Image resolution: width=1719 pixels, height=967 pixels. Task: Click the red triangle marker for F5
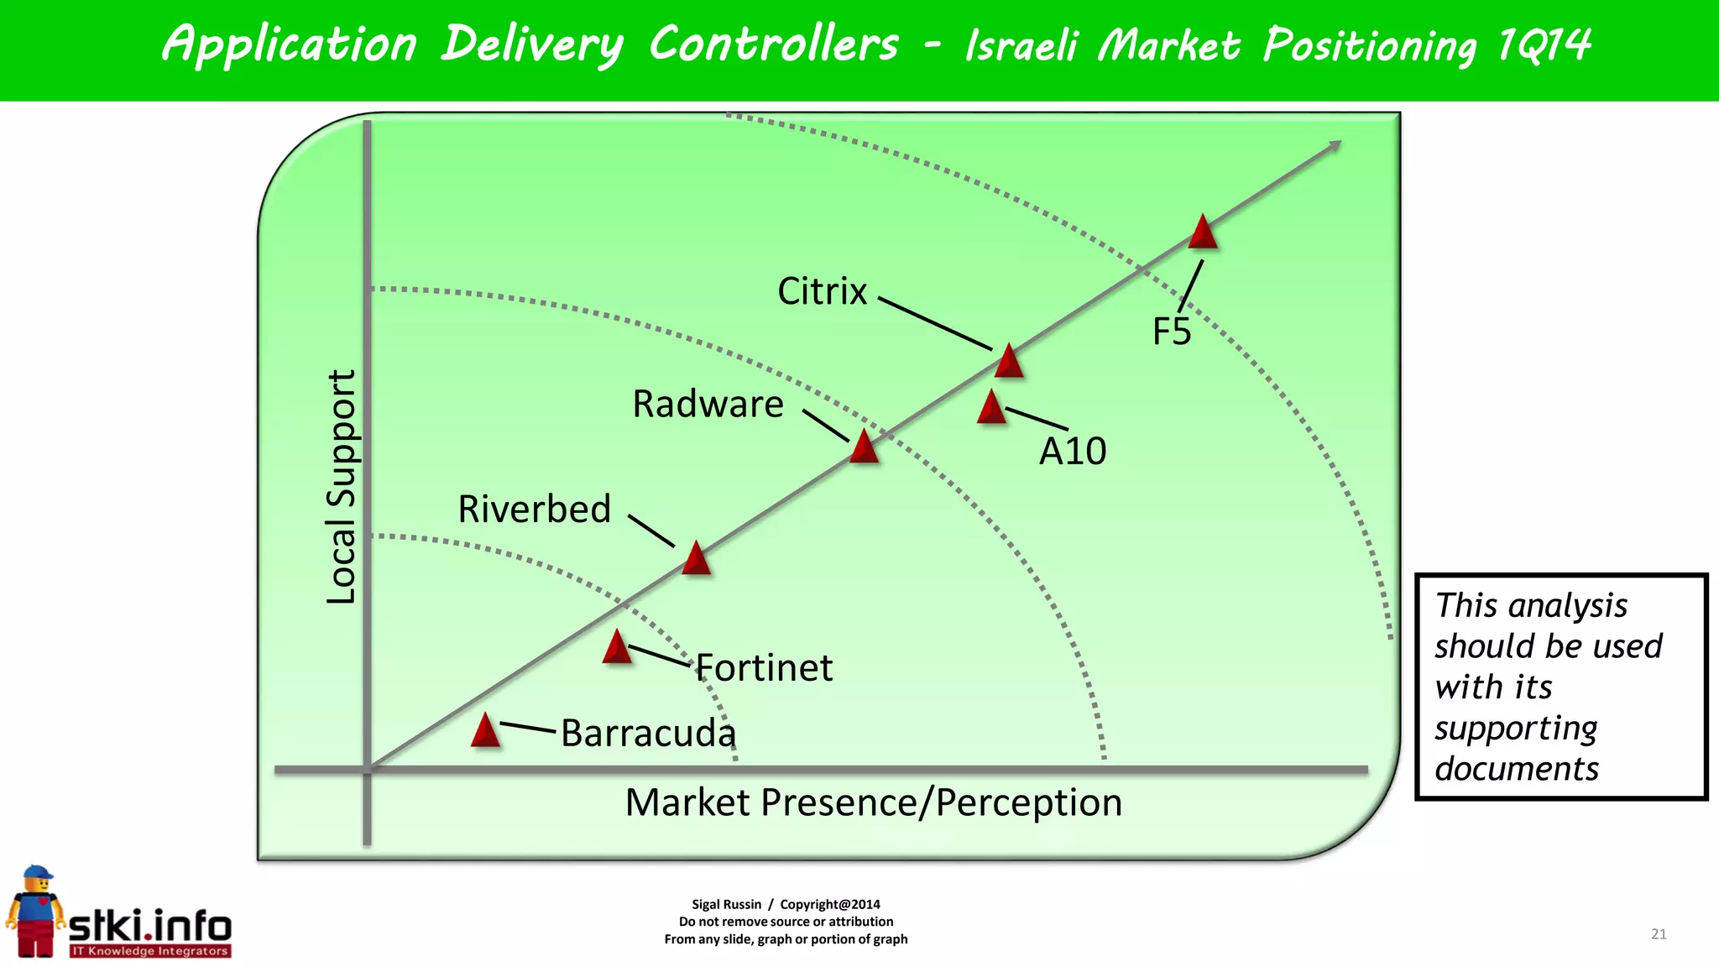(1203, 233)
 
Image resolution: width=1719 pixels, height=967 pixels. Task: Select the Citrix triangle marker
(1008, 362)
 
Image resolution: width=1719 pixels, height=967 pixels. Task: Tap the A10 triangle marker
(991, 408)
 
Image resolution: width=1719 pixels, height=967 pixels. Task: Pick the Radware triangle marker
(864, 447)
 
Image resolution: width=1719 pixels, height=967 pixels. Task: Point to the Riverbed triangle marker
(696, 559)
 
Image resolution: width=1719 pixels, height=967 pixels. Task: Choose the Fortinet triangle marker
(617, 648)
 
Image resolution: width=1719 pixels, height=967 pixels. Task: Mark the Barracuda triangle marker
(485, 731)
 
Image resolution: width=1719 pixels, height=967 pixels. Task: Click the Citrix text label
(822, 291)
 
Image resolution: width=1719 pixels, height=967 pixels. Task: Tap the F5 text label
(1172, 332)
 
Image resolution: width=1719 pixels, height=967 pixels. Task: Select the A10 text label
(1073, 452)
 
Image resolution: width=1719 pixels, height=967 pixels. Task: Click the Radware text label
(708, 404)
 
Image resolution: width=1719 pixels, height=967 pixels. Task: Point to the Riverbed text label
(534, 510)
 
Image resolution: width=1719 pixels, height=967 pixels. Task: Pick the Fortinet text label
(765, 668)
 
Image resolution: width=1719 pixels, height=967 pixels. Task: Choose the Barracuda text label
(648, 733)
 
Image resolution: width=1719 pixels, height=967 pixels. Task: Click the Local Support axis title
(341, 487)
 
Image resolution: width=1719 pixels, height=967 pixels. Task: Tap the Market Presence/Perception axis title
(873, 802)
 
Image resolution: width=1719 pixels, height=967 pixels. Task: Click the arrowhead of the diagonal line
(1334, 147)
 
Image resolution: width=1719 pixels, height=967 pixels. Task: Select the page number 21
(1659, 934)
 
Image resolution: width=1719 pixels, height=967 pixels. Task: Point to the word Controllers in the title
(773, 44)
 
